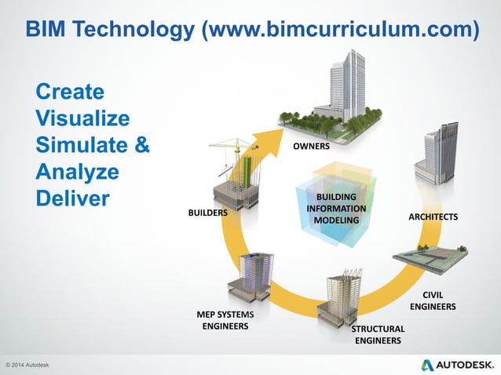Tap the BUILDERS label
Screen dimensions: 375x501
click(x=207, y=213)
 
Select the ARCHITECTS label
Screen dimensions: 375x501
click(x=433, y=216)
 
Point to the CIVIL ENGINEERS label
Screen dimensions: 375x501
click(x=433, y=300)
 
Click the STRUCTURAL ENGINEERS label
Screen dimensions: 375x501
click(x=378, y=334)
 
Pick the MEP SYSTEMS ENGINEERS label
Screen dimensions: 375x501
click(x=225, y=320)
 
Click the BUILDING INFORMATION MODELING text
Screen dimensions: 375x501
click(x=335, y=209)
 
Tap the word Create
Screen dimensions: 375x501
click(x=69, y=93)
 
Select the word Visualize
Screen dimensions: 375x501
click(x=83, y=119)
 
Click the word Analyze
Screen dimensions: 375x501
click(x=77, y=171)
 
